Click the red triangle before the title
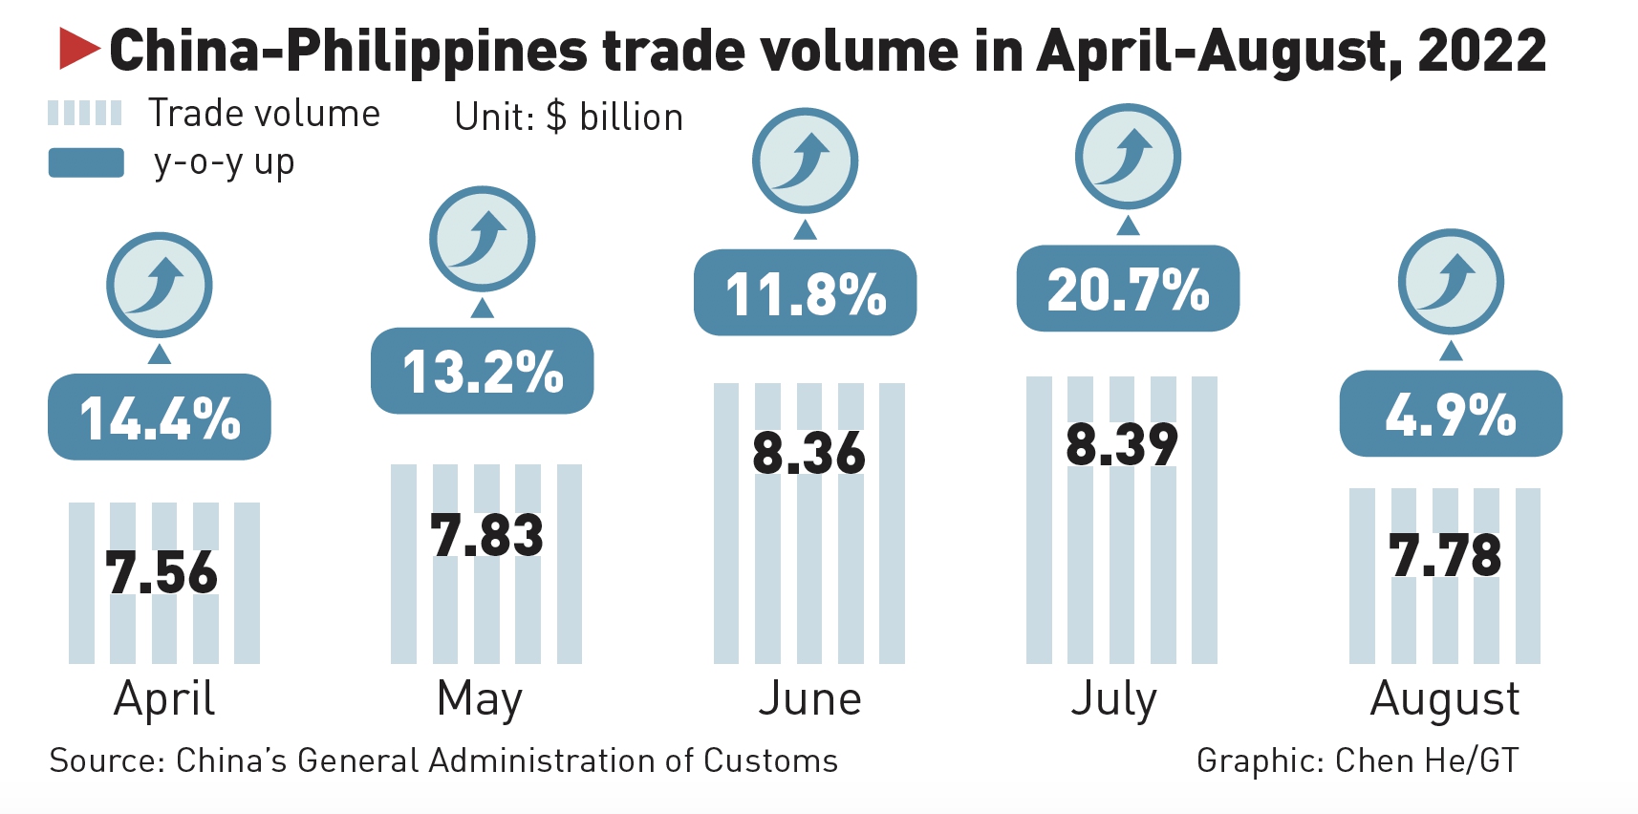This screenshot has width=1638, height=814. tap(78, 49)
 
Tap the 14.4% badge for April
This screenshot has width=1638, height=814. tap(160, 418)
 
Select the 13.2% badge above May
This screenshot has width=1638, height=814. tap(483, 371)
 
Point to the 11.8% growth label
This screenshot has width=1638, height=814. tap(806, 292)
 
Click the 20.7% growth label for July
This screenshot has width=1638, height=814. tap(1128, 289)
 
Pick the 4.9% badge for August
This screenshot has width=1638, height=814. tap(1451, 414)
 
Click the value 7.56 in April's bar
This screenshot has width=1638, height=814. tap(162, 572)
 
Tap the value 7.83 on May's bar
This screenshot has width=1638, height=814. tap(486, 534)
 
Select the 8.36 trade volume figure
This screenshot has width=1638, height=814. tap(808, 452)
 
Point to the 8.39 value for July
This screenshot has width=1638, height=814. tap(1122, 444)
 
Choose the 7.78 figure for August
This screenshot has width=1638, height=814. tap(1445, 555)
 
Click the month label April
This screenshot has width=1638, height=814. tap(164, 698)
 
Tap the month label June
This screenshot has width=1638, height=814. tap(809, 698)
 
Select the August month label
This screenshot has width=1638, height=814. tap(1444, 698)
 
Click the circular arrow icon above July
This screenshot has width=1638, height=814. tap(1128, 157)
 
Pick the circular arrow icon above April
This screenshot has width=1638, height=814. tap(159, 285)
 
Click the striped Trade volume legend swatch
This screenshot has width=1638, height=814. tap(85, 114)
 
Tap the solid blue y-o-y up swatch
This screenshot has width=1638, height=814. tap(86, 162)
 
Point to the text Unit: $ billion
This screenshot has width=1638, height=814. tap(569, 118)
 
